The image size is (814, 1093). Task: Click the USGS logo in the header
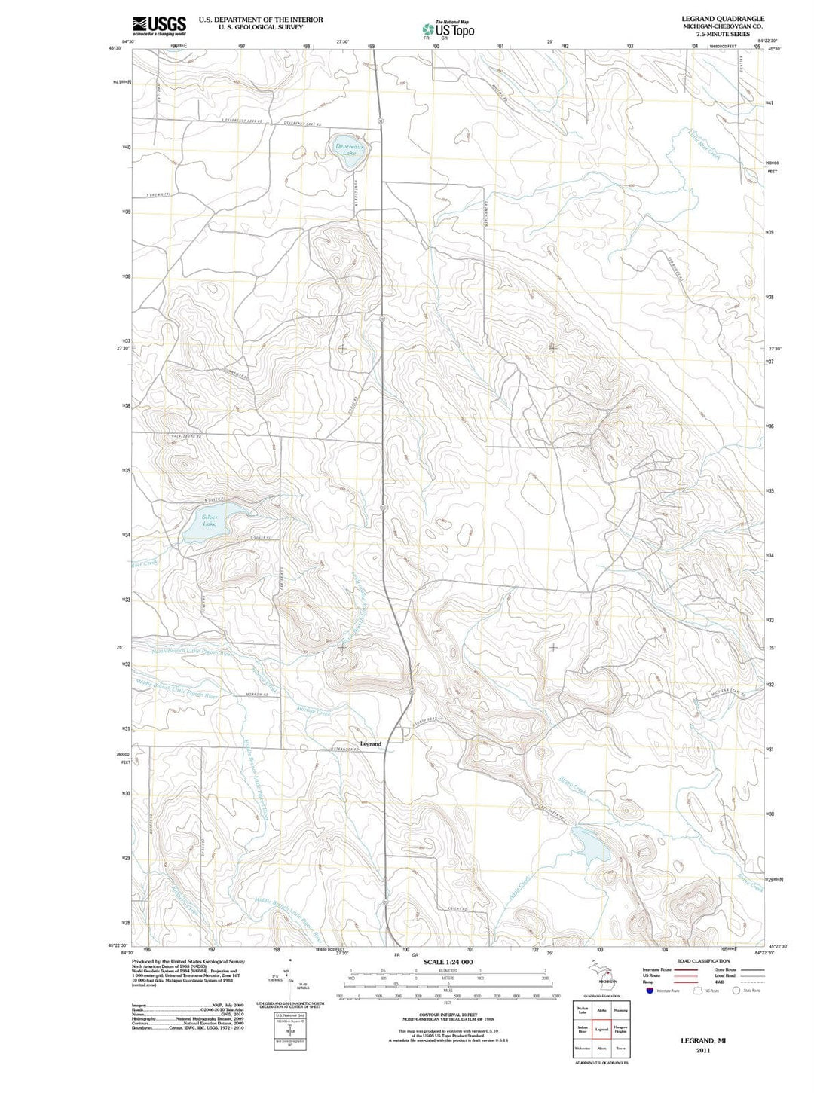coord(159,26)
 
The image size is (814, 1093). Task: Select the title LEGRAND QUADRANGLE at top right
coord(723,18)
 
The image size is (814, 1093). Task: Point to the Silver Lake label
coord(210,521)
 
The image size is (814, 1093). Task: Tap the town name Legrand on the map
coord(371,743)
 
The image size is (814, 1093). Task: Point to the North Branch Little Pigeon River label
coord(192,652)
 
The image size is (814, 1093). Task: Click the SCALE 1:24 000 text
coord(448,962)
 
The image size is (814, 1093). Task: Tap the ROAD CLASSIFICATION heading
coord(703,961)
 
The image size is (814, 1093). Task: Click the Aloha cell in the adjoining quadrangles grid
coord(601,1010)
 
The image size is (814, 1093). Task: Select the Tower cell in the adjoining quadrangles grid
coord(620,1048)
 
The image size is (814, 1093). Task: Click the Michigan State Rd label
coord(728,692)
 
